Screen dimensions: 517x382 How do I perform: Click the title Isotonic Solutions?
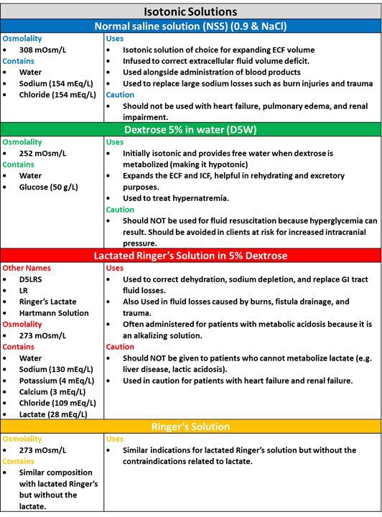point(190,11)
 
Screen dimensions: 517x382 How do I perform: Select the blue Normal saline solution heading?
point(190,26)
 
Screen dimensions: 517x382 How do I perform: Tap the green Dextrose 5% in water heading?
point(190,130)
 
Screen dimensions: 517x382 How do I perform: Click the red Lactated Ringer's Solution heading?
point(190,256)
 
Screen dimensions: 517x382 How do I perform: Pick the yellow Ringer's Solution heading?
point(190,427)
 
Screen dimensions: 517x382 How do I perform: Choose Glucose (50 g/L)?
point(49,187)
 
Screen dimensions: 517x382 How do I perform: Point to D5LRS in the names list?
point(33,279)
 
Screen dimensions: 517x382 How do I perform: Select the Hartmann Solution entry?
point(55,313)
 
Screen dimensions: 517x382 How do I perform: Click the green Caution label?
point(120,210)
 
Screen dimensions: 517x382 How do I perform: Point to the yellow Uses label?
point(115,438)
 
